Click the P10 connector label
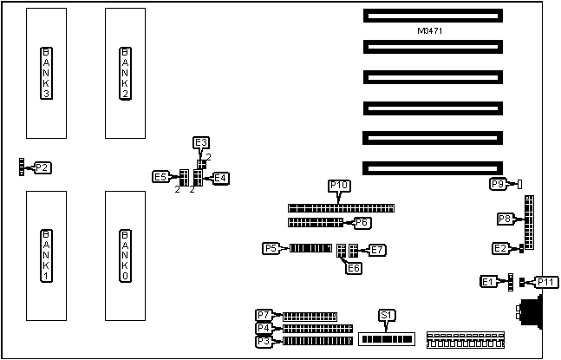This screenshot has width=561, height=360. pos(338,186)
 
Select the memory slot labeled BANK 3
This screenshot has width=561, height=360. pos(46,73)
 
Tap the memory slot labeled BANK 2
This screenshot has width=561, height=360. pos(125,73)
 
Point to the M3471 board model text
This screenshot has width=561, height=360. pos(431,31)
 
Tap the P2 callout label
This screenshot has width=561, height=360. pos(42,167)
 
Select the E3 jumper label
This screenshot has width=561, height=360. pos(201,142)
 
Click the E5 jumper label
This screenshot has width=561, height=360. pos(160,177)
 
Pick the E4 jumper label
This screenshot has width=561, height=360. pos(220,178)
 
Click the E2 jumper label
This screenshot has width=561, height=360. pos(501,249)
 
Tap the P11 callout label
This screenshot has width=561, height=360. pos(547,282)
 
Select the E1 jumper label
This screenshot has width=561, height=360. pos(489,282)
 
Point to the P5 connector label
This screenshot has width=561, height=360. pos(271,249)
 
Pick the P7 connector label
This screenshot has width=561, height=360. pos(264,315)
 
